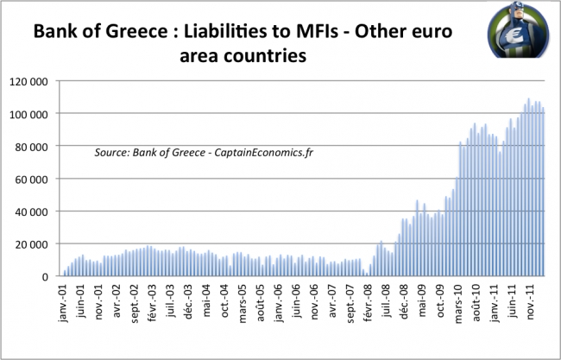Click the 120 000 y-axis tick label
pos(28,82)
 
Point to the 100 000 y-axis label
pos(28,115)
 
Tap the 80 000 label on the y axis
pos(31,147)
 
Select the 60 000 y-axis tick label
pos(31,180)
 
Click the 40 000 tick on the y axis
pos(31,212)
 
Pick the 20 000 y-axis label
pos(31,245)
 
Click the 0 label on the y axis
pos(45,277)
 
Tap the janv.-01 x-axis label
pos(63,303)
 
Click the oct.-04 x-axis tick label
pos(224,301)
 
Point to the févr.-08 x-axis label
pos(369,303)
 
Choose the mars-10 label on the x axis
pos(458,304)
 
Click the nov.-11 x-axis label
pos(530,301)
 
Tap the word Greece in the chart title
pos(136,31)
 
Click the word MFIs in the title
pos(317,31)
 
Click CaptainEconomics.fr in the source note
pos(264,153)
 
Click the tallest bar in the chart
pos(528,187)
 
